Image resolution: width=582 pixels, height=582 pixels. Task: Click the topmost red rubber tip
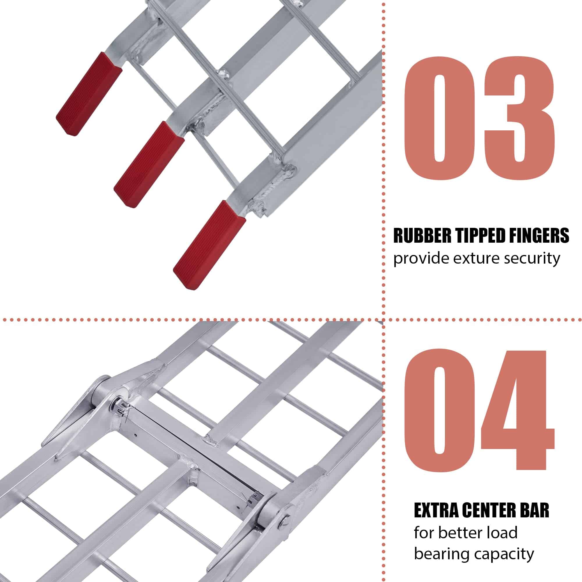point(89,94)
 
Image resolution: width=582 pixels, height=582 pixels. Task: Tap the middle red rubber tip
point(149,164)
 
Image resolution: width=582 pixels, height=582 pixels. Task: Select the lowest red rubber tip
point(209,245)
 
